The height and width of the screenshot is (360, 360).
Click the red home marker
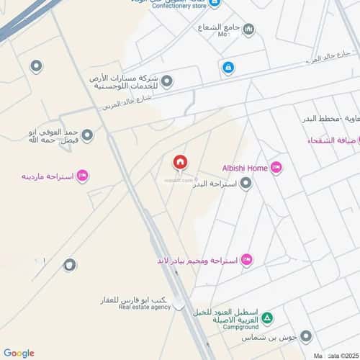[179, 162]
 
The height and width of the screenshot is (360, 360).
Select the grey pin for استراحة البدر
[246, 184]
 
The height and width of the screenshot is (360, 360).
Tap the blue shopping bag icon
[228, 68]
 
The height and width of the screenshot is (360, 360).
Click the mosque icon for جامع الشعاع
[248, 29]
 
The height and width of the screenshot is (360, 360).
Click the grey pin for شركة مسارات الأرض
[167, 81]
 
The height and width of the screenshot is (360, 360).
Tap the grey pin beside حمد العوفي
[87, 135]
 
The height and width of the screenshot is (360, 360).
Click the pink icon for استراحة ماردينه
[82, 175]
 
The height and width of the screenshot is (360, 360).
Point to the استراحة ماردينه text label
[48, 176]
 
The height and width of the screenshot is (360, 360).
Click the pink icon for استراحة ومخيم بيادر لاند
[246, 259]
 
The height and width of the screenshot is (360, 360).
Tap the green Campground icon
[267, 318]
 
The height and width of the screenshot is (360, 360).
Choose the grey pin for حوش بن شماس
[306, 336]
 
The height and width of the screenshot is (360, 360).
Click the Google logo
[19, 353]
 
